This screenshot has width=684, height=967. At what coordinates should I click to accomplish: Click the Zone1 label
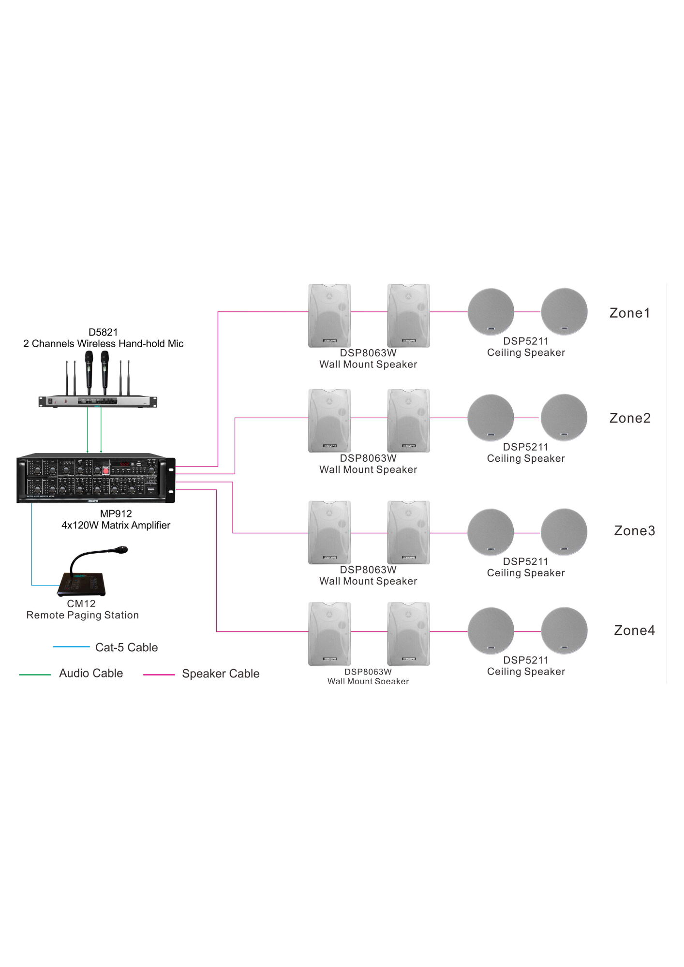(629, 313)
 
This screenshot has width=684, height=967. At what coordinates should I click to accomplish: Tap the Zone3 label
(634, 531)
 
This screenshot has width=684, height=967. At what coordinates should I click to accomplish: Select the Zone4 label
(634, 630)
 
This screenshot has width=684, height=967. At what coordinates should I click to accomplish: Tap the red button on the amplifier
(106, 470)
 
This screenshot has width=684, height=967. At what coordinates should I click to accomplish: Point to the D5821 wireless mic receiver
(98, 401)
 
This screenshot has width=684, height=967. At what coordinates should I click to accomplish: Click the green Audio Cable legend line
(35, 674)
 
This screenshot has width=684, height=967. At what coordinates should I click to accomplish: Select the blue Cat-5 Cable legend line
(71, 647)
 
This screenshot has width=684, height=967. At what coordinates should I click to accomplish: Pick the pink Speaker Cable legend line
(159, 674)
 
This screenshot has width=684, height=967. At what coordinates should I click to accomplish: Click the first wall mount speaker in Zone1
(329, 315)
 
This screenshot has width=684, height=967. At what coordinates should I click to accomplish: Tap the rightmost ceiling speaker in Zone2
(564, 417)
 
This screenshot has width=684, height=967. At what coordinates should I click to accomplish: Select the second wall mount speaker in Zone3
(409, 532)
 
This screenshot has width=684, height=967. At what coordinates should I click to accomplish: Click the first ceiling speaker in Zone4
(491, 631)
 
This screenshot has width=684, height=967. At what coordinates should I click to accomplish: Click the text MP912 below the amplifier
(116, 514)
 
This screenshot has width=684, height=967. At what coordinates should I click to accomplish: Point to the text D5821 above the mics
(103, 332)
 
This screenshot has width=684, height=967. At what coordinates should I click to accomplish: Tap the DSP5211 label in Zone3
(525, 562)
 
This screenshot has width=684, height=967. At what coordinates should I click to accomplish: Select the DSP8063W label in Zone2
(368, 458)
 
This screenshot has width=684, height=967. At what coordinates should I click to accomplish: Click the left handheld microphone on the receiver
(89, 367)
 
